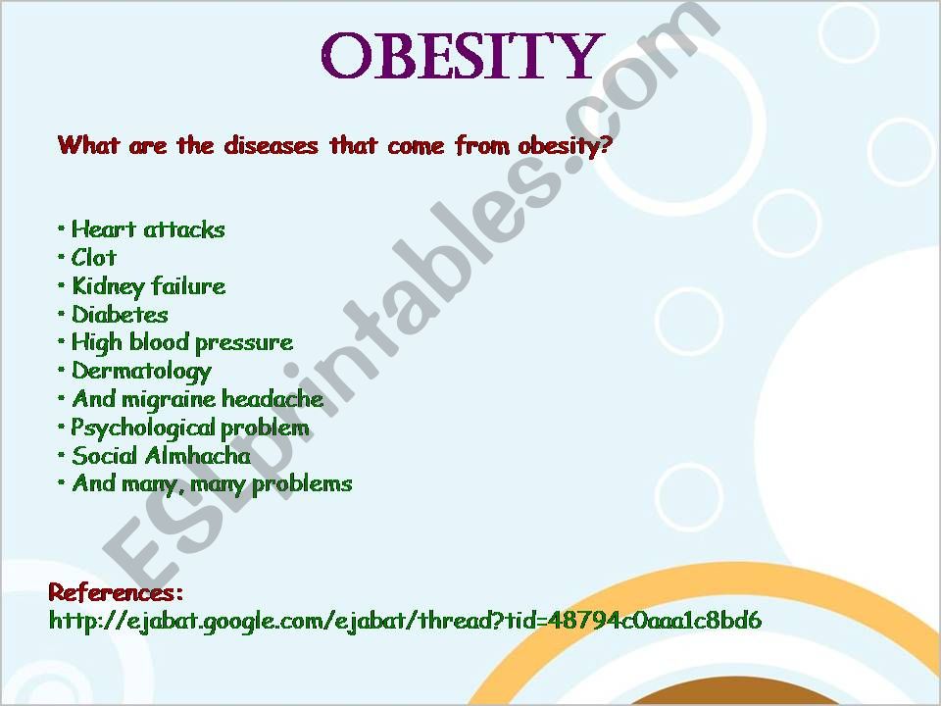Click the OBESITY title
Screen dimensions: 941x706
tap(463, 56)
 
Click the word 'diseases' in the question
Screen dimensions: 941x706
tap(271, 145)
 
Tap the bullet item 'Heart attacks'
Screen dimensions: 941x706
tap(148, 229)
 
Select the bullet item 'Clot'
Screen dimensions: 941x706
tap(94, 258)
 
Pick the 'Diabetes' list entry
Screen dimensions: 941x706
tap(120, 314)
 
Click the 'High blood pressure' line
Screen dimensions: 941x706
tap(182, 343)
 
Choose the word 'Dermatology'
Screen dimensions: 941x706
tap(141, 372)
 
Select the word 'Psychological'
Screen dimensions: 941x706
tap(143, 429)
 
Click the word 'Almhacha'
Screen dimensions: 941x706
tap(197, 456)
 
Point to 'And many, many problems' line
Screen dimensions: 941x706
tap(212, 483)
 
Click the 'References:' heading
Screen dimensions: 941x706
tap(116, 592)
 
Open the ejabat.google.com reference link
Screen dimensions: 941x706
tap(405, 620)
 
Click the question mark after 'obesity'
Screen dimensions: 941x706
tap(603, 146)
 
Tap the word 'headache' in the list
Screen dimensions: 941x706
tap(272, 399)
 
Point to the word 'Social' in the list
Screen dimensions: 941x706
tap(105, 456)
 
